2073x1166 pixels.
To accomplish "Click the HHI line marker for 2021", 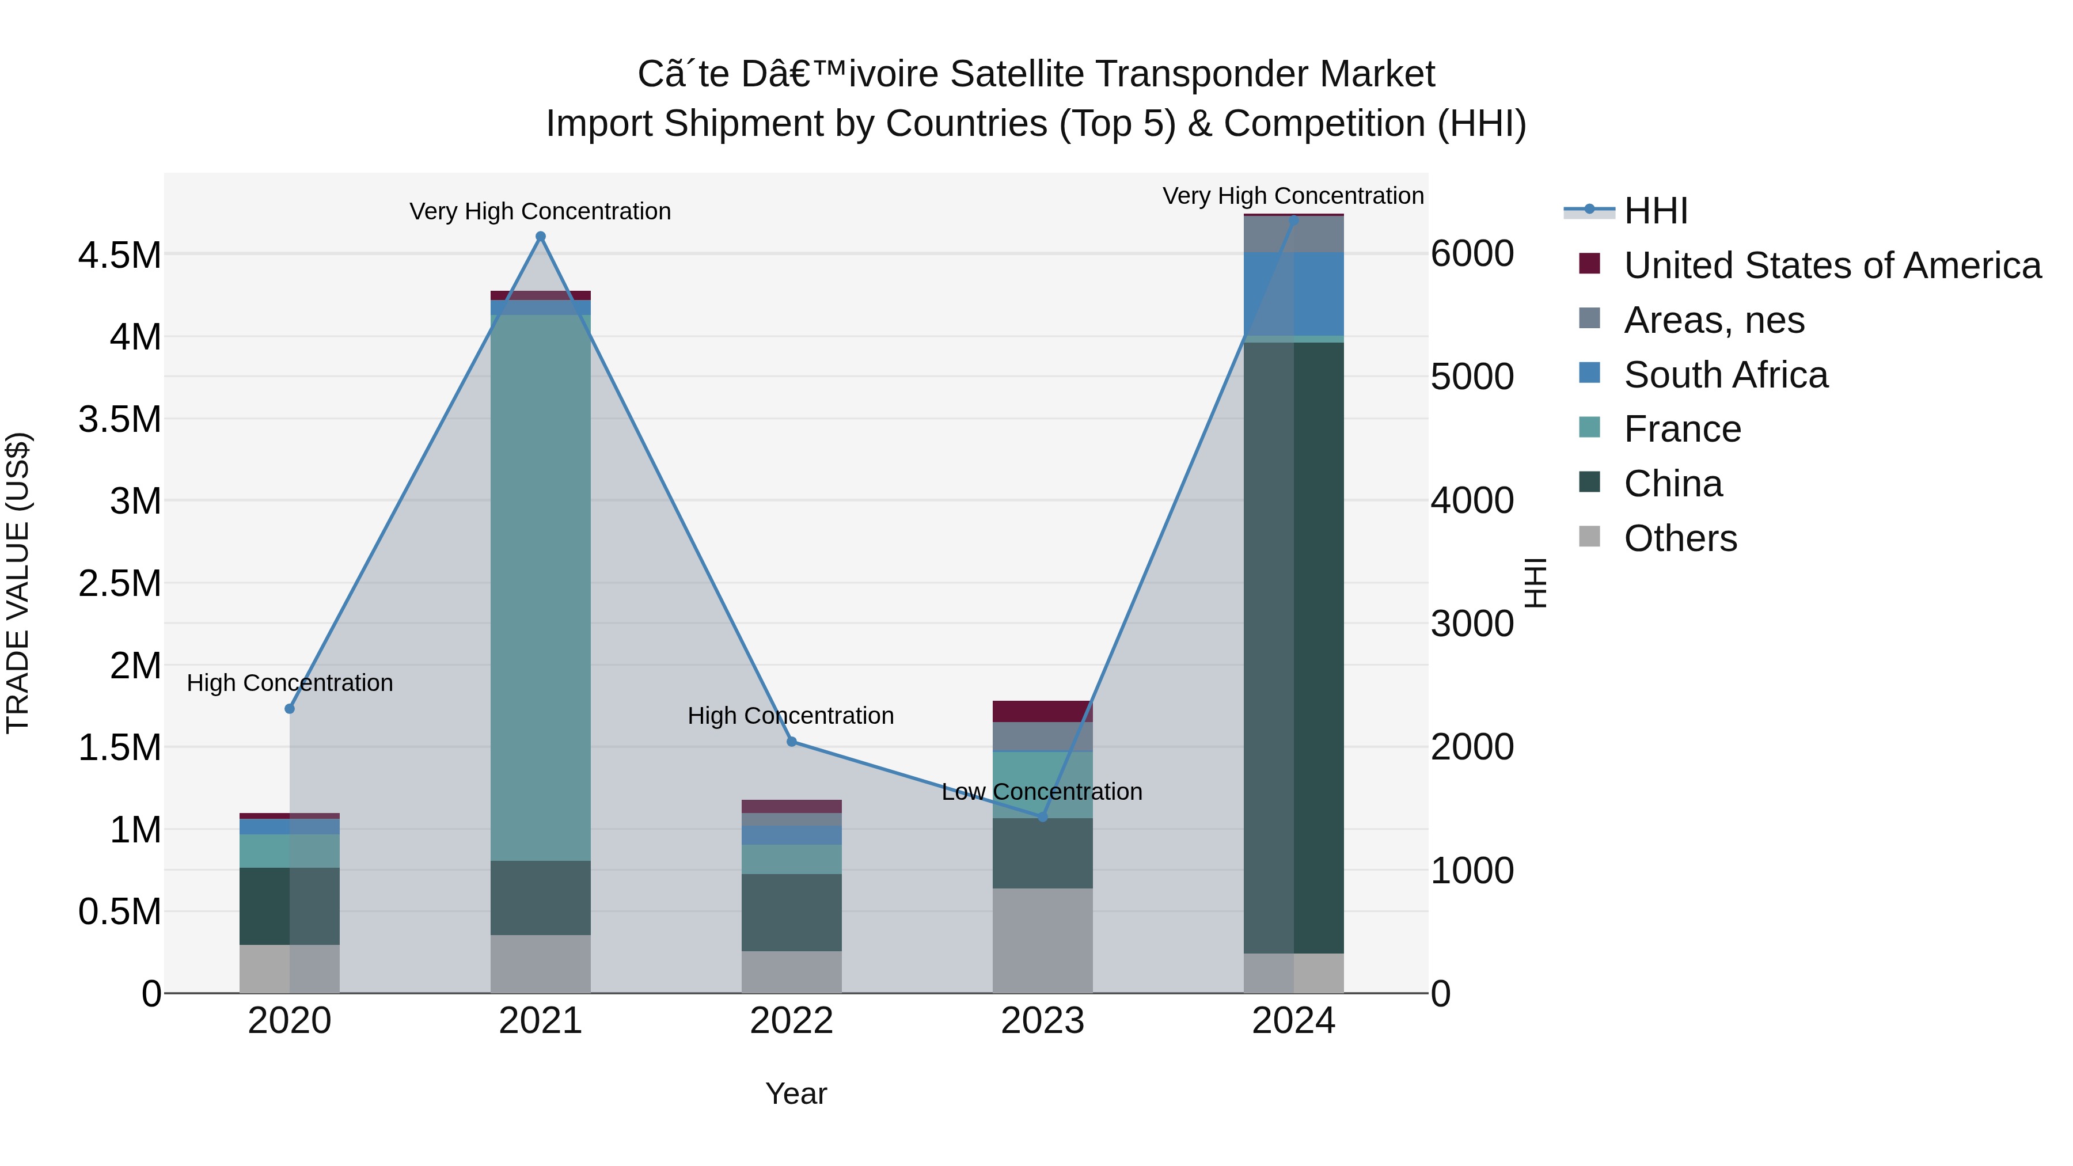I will coord(541,237).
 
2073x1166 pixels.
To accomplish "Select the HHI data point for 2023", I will coord(1043,816).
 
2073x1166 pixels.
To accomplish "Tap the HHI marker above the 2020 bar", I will coord(290,709).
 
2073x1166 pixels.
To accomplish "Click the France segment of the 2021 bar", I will coord(541,587).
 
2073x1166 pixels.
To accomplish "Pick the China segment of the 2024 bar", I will coord(1294,648).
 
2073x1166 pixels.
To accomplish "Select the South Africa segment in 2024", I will coord(1294,294).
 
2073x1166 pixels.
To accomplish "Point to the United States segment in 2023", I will coord(1043,711).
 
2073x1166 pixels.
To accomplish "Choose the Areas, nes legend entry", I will coord(1714,320).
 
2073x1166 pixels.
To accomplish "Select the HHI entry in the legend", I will coord(1656,211).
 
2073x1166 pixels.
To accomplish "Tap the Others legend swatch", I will coord(1589,537).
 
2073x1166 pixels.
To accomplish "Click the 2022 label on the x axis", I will coord(792,1021).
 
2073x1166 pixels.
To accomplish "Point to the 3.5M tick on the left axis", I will coord(119,419).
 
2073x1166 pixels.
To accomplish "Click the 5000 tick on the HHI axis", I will coord(1472,377).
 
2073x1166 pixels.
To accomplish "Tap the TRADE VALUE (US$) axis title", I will coord(18,583).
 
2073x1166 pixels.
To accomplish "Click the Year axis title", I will coord(796,1093).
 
